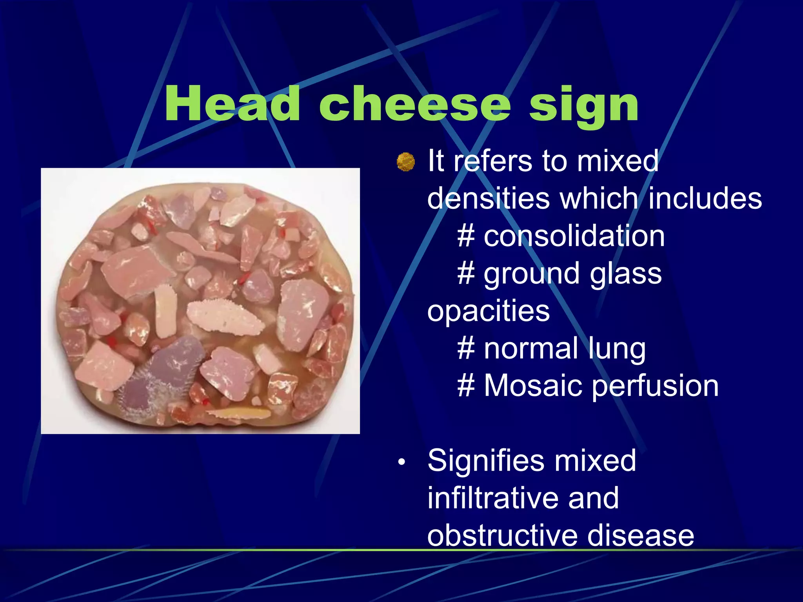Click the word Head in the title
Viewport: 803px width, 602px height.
click(232, 104)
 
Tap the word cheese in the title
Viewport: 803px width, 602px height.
click(415, 104)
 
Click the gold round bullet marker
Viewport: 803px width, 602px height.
click(405, 162)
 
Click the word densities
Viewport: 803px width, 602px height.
click(489, 198)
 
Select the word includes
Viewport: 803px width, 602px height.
click(705, 198)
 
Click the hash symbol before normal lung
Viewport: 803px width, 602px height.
click(466, 348)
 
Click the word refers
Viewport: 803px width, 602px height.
click(494, 161)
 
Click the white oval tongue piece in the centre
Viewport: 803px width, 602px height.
click(225, 317)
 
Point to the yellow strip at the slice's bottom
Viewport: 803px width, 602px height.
click(239, 413)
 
